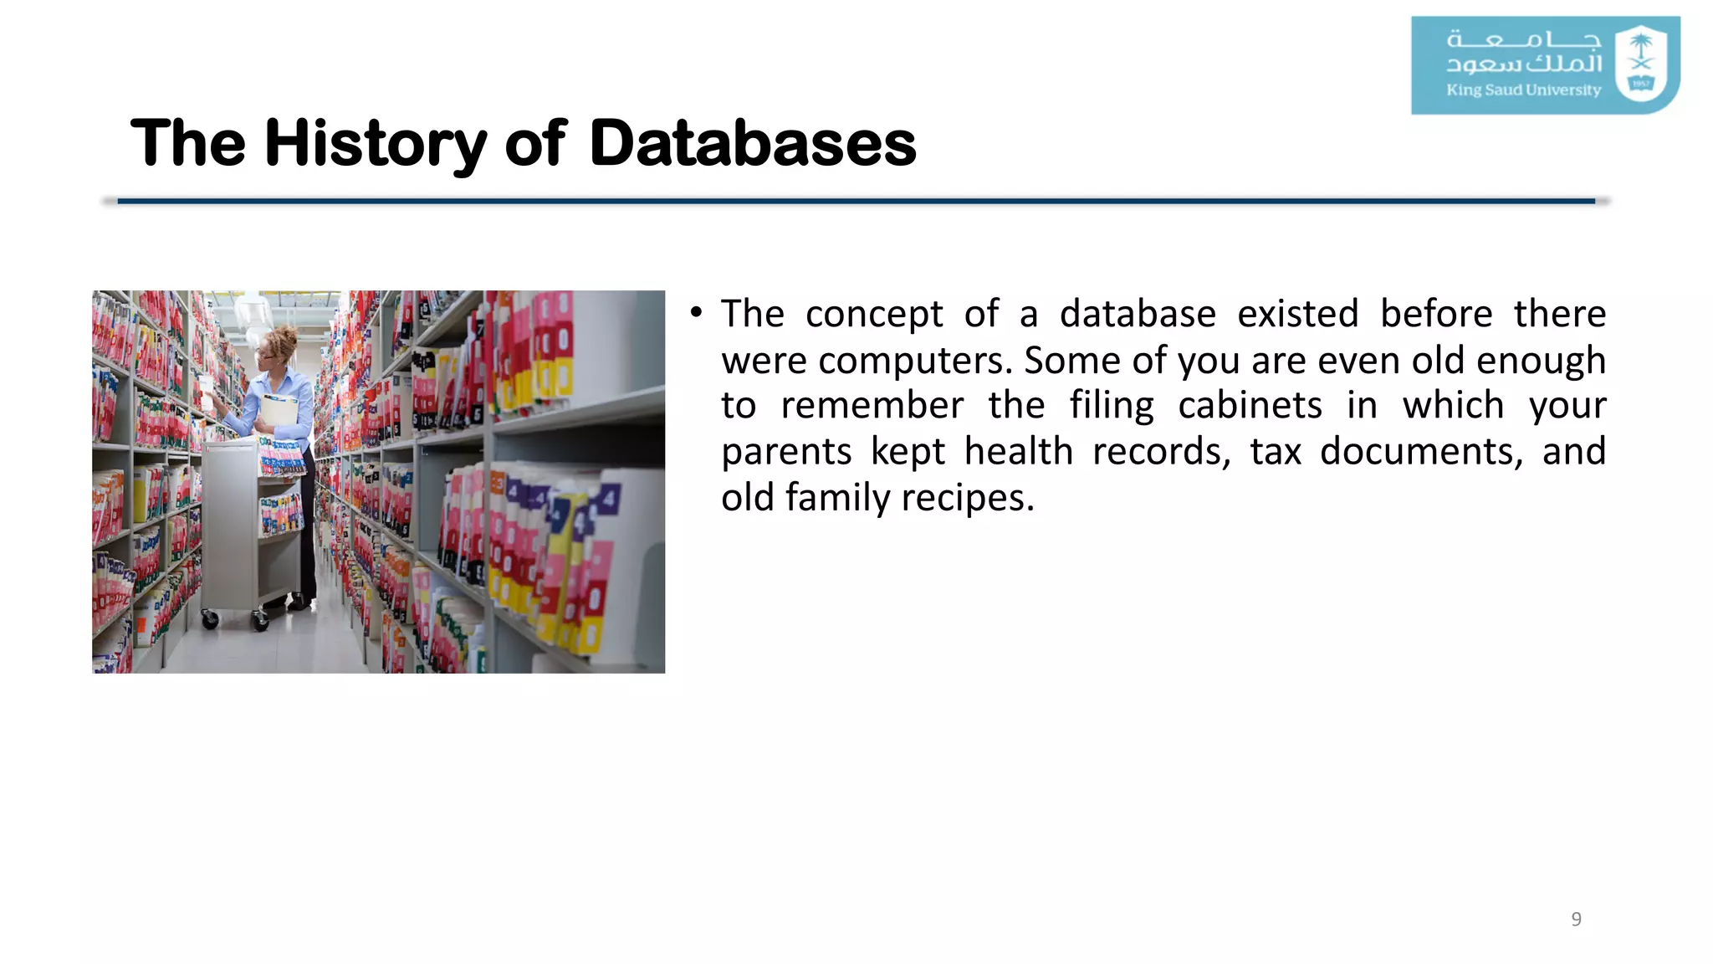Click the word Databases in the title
pos(752,143)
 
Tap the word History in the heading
pos(375,143)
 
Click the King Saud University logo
pos(1545,65)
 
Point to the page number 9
pos(1576,919)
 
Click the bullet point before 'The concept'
pos(696,313)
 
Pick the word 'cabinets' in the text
pos(1250,406)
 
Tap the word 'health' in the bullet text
pos(1018,452)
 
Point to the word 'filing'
pos(1112,406)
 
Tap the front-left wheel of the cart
pos(210,619)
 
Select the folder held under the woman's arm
pos(279,411)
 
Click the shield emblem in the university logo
pos(1641,64)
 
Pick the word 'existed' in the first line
pos(1297,314)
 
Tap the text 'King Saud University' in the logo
pos(1523,90)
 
